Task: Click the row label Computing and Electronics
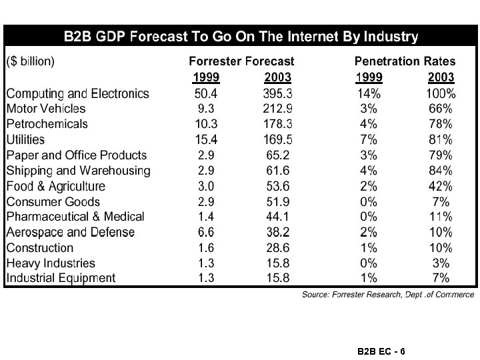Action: click(77, 93)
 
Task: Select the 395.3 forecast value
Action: click(278, 93)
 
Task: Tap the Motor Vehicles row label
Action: click(46, 109)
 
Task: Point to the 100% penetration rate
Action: click(441, 93)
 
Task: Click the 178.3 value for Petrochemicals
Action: click(278, 124)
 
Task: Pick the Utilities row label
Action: click(25, 139)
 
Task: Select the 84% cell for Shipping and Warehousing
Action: click(441, 171)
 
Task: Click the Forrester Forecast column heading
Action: click(241, 61)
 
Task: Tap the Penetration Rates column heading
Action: click(405, 61)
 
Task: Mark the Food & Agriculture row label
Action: click(56, 186)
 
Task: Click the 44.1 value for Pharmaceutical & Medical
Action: click(278, 217)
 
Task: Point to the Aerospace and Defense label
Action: click(71, 233)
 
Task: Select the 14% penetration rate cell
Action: click(369, 93)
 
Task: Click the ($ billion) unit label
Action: click(31, 61)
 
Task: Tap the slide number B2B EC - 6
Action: click(381, 350)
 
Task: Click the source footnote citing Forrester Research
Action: click(388, 294)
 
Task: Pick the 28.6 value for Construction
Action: click(278, 248)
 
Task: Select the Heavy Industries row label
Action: click(51, 263)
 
